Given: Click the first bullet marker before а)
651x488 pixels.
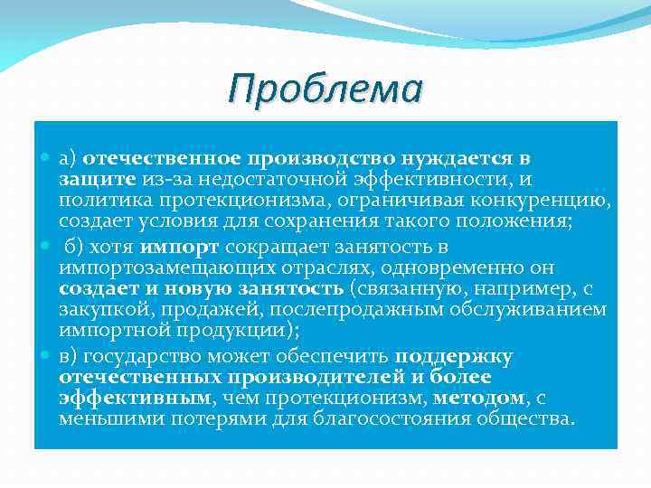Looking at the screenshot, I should (x=46, y=159).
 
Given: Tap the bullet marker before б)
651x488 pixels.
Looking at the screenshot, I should (x=46, y=247).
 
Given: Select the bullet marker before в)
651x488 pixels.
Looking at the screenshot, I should (x=46, y=355).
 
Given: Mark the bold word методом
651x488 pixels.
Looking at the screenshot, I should (x=477, y=399).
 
